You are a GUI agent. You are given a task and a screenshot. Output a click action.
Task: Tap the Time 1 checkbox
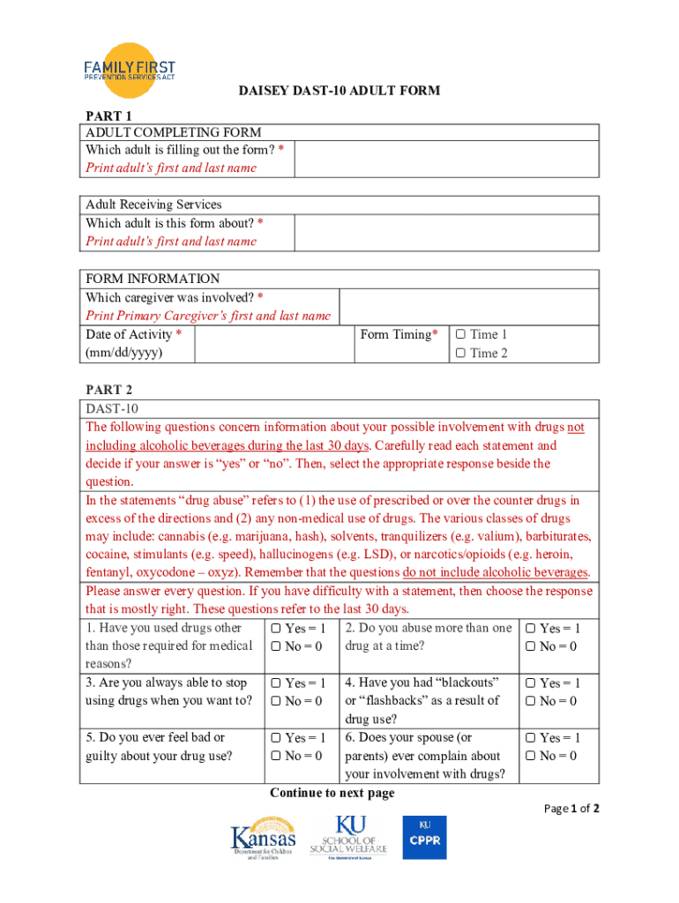point(460,335)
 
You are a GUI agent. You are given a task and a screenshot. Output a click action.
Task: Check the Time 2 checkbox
point(460,354)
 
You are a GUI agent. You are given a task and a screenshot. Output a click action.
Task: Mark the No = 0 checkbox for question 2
point(531,647)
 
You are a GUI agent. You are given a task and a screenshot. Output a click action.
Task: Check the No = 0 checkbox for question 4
point(531,702)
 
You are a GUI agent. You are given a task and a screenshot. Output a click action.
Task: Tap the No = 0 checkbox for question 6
point(531,757)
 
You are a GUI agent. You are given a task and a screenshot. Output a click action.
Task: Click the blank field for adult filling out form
point(446,160)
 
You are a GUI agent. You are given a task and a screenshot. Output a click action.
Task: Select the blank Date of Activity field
point(273,344)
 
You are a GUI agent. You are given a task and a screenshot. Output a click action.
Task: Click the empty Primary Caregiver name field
point(468,307)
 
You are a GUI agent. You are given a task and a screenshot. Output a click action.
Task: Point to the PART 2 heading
point(108,389)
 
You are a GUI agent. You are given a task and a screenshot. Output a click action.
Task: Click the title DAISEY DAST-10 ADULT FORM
point(339,91)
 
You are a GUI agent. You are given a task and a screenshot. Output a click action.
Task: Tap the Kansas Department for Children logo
point(263,840)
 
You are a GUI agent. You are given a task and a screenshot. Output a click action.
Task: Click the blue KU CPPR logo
point(424,837)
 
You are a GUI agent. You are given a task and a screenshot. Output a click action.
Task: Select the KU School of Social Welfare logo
point(347,837)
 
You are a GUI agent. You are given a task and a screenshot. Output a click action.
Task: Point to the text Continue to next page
point(332,793)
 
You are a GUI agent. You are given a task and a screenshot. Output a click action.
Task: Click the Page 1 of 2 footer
point(572,809)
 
